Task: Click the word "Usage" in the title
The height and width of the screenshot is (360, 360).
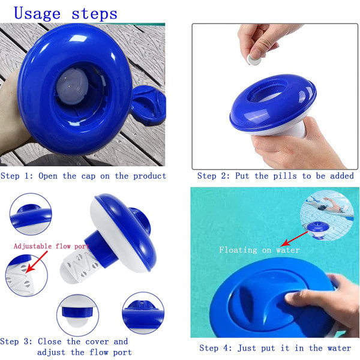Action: (x=37, y=14)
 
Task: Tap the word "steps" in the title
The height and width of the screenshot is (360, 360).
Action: (x=94, y=14)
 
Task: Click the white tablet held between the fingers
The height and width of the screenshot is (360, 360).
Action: (x=254, y=60)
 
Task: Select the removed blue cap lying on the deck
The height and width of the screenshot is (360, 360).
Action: (x=148, y=105)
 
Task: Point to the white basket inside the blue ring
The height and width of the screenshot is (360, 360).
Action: (x=72, y=86)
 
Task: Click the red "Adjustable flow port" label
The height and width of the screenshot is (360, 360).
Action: (x=52, y=247)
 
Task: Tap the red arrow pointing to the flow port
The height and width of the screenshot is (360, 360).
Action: (x=37, y=262)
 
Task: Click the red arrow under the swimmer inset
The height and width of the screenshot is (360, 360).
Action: (x=295, y=239)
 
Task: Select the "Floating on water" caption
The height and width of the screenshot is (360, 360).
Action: (x=259, y=250)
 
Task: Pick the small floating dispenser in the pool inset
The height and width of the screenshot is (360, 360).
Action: (x=318, y=230)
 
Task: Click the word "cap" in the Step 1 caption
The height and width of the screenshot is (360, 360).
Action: (x=88, y=176)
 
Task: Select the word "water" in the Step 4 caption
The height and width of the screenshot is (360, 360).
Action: (x=339, y=348)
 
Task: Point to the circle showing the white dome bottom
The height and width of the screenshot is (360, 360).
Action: (x=77, y=315)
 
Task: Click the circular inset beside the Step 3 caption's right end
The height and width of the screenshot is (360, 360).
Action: (x=143, y=313)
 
